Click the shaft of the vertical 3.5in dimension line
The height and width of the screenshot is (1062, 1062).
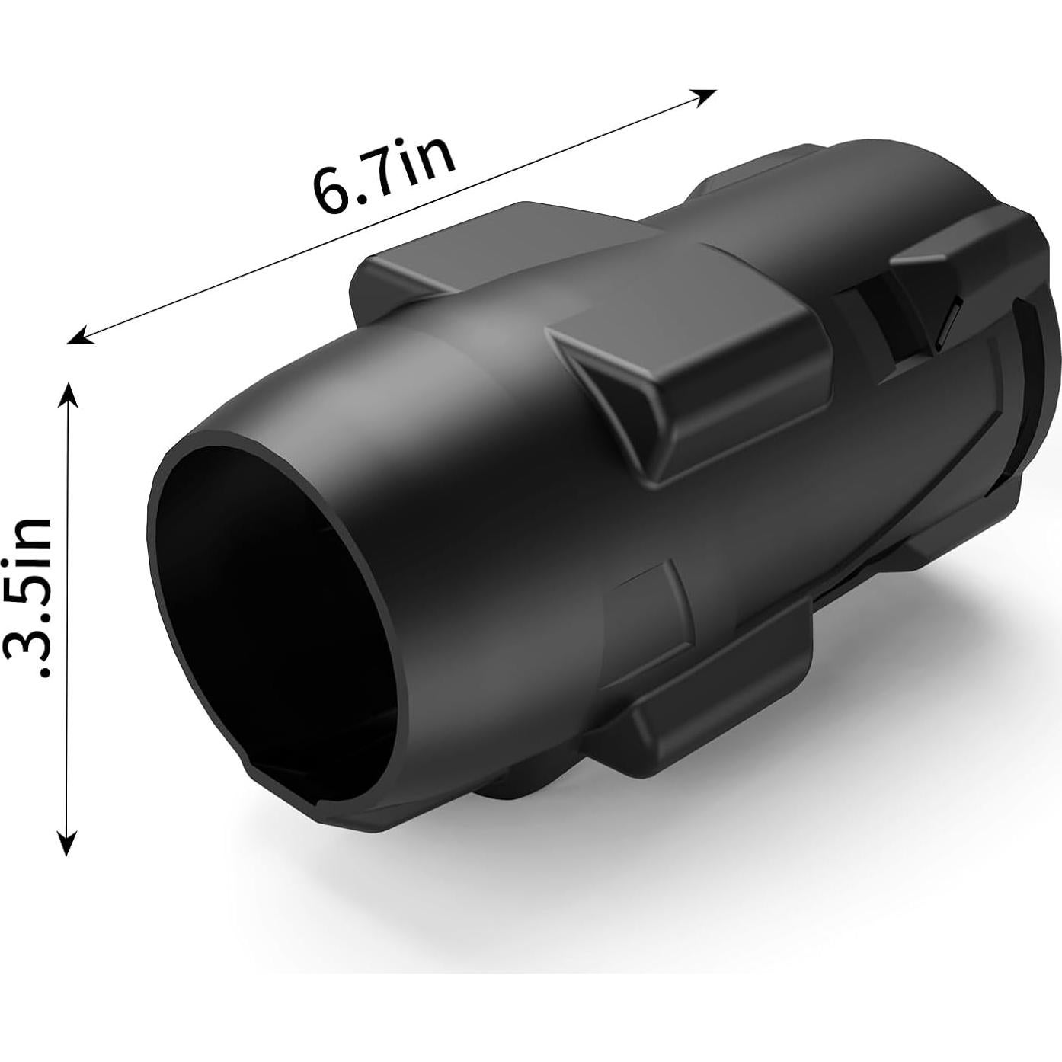69,609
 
